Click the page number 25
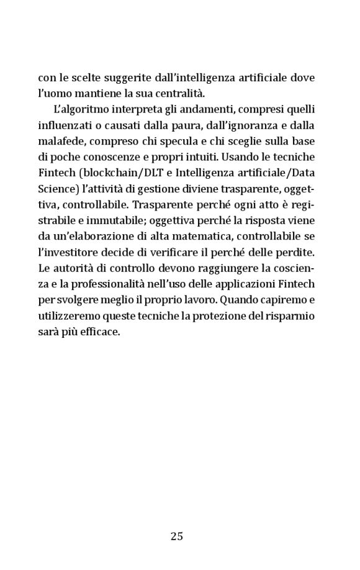pyautogui.click(x=177, y=536)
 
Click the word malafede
pyautogui.click(x=61, y=143)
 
